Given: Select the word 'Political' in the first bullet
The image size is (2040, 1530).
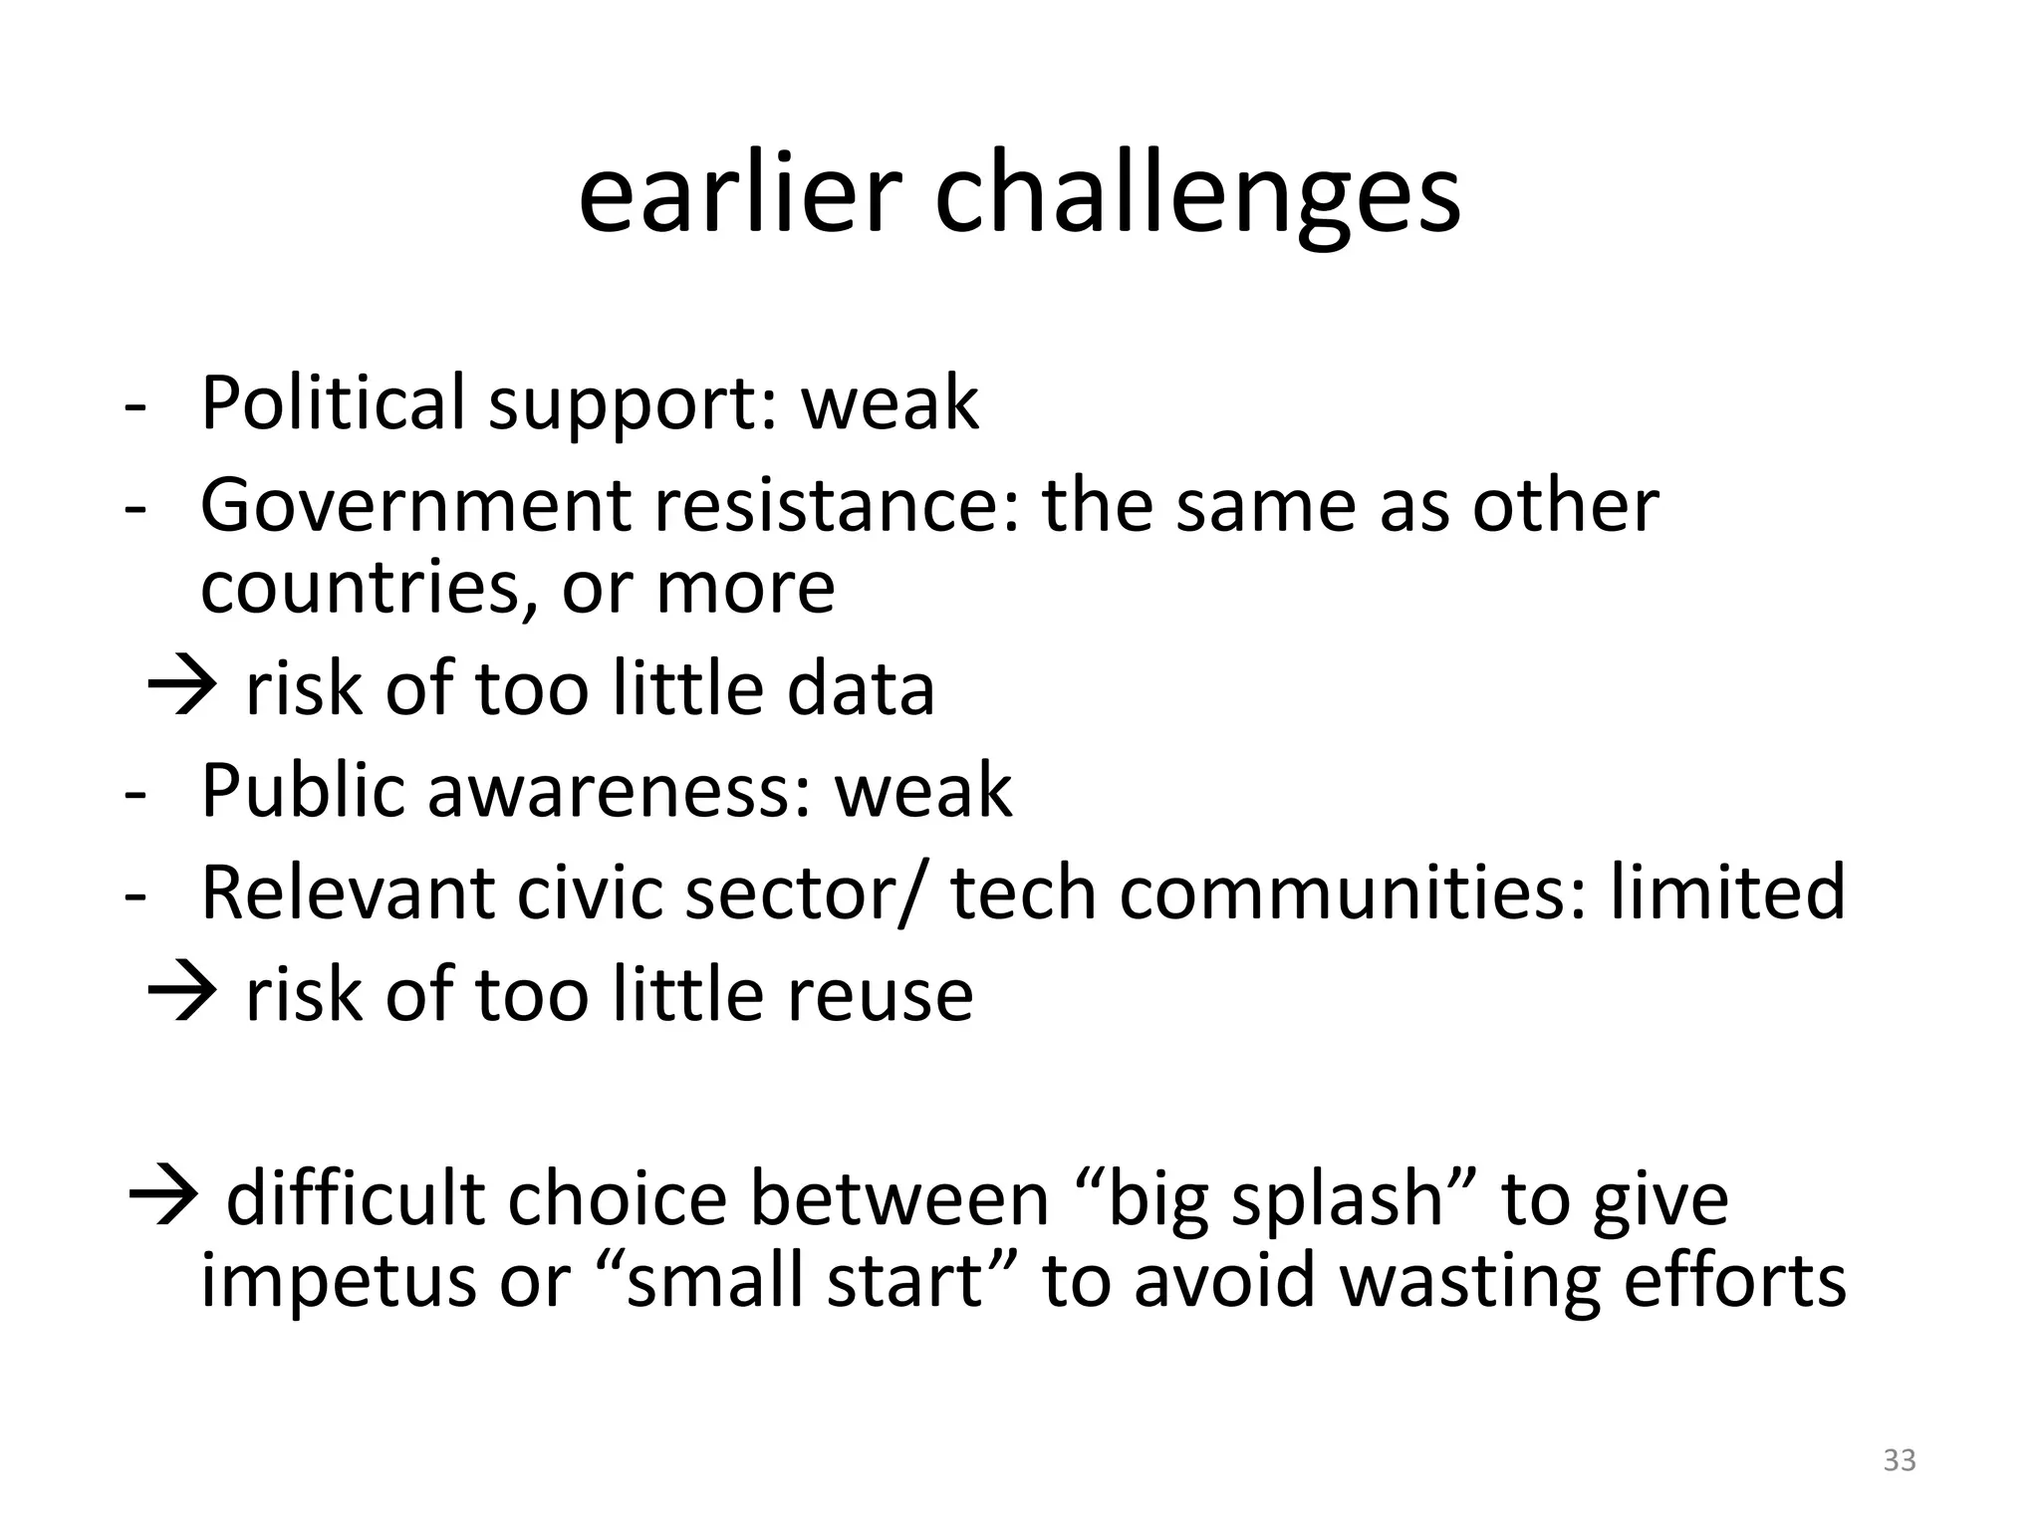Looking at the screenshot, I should click(x=333, y=402).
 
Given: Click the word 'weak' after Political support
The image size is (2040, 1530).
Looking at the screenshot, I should click(x=890, y=402).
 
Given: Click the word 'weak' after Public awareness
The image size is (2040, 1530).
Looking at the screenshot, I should click(x=922, y=791).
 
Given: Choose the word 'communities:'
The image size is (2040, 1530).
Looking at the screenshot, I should click(x=1353, y=892).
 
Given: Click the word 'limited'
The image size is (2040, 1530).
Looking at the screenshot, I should click(x=1727, y=892).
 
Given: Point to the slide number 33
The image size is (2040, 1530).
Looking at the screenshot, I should click(x=1899, y=1460).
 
